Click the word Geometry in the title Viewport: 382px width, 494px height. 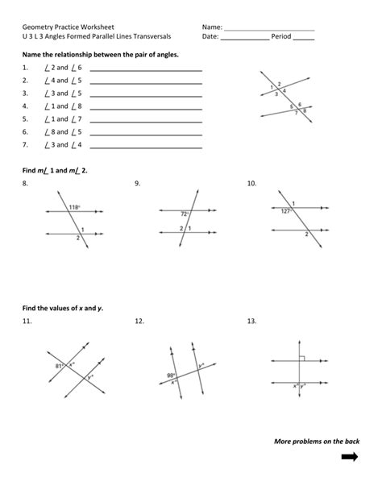pos(39,27)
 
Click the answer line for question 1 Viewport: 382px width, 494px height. pos(146,71)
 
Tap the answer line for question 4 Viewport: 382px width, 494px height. pos(146,110)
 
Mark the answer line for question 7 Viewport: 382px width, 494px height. pos(146,148)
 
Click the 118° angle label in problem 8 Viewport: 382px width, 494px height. pos(73,207)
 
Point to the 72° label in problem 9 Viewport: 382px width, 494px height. pos(184,214)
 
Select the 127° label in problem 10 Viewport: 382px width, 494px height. pos(285,211)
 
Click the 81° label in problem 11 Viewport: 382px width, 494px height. pos(59,365)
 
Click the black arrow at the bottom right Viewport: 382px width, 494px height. pos(350,458)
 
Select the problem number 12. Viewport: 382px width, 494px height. pos(139,322)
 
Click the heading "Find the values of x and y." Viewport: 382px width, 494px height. pos(63,308)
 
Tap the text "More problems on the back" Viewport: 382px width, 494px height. pos(317,441)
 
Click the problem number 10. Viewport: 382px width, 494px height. pos(251,184)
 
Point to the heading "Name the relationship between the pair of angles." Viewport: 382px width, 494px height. pos(101,54)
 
